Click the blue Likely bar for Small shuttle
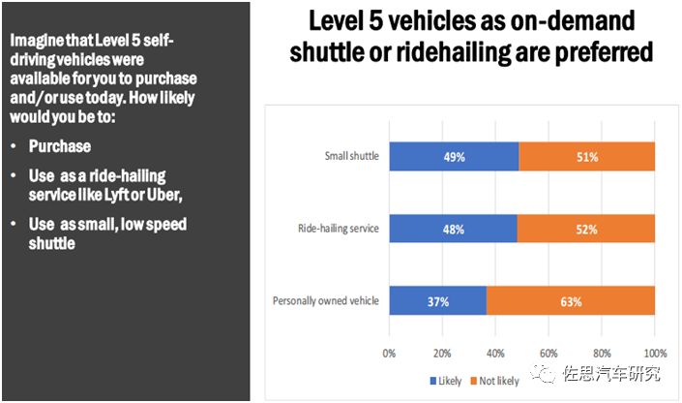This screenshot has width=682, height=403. [454, 157]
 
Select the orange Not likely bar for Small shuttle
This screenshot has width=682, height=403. [587, 157]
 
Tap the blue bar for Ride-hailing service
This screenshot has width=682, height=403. [453, 230]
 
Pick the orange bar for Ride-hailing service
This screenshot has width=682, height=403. [586, 230]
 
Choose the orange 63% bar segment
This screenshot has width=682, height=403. [571, 301]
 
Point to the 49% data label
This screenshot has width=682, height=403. [454, 157]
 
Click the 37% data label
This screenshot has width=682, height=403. [438, 301]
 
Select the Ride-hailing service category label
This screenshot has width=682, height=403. [339, 230]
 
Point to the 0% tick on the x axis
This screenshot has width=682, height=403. [389, 352]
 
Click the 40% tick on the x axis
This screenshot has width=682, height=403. [495, 352]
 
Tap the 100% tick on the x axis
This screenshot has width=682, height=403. [655, 352]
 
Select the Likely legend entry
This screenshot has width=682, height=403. [446, 381]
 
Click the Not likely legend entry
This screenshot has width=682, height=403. [495, 381]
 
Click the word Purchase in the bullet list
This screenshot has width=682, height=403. [60, 146]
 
